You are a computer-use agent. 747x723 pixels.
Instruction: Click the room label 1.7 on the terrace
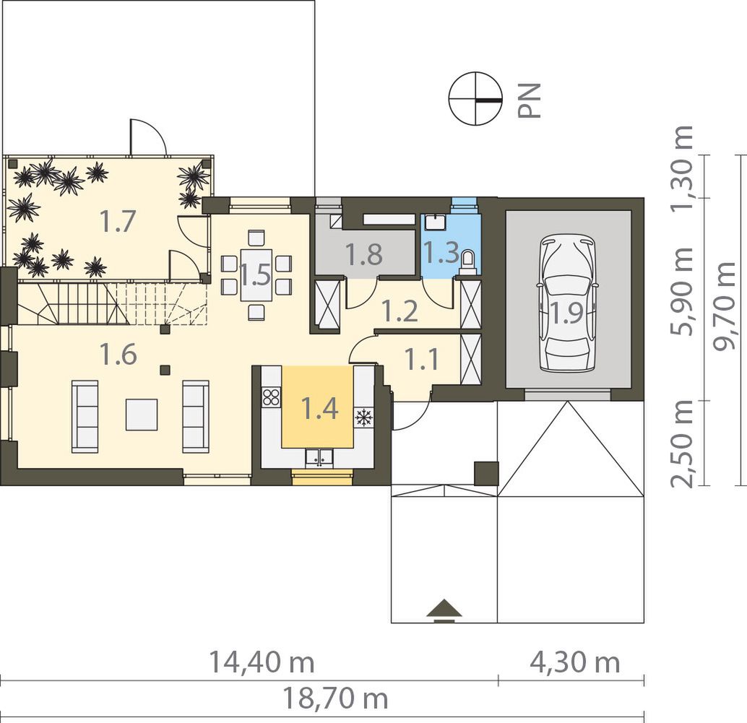pyautogui.click(x=118, y=222)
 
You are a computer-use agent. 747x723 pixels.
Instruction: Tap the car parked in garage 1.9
pyautogui.click(x=567, y=303)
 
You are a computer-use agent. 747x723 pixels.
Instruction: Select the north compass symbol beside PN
pyautogui.click(x=476, y=99)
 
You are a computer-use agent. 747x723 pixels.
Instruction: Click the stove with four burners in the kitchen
pyautogui.click(x=271, y=397)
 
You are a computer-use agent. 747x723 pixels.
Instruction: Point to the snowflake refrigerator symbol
pyautogui.click(x=363, y=417)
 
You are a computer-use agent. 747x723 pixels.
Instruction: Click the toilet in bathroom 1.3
pyautogui.click(x=467, y=263)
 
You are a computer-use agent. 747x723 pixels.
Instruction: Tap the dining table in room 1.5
pyautogui.click(x=256, y=274)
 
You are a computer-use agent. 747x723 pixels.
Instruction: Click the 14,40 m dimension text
pyautogui.click(x=262, y=662)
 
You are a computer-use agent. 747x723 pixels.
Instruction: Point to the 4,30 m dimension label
pyautogui.click(x=575, y=662)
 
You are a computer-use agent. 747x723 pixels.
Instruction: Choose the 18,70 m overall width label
pyautogui.click(x=335, y=698)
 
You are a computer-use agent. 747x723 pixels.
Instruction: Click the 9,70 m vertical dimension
pyautogui.click(x=726, y=306)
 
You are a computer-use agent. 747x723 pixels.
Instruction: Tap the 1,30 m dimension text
pyautogui.click(x=681, y=168)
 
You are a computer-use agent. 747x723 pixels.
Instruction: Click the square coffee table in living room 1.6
pyautogui.click(x=142, y=415)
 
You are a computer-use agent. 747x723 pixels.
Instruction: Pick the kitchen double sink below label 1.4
pyautogui.click(x=319, y=458)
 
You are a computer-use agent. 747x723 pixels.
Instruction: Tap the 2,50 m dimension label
pyautogui.click(x=681, y=443)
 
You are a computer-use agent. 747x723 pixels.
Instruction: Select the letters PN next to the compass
pyautogui.click(x=530, y=100)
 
